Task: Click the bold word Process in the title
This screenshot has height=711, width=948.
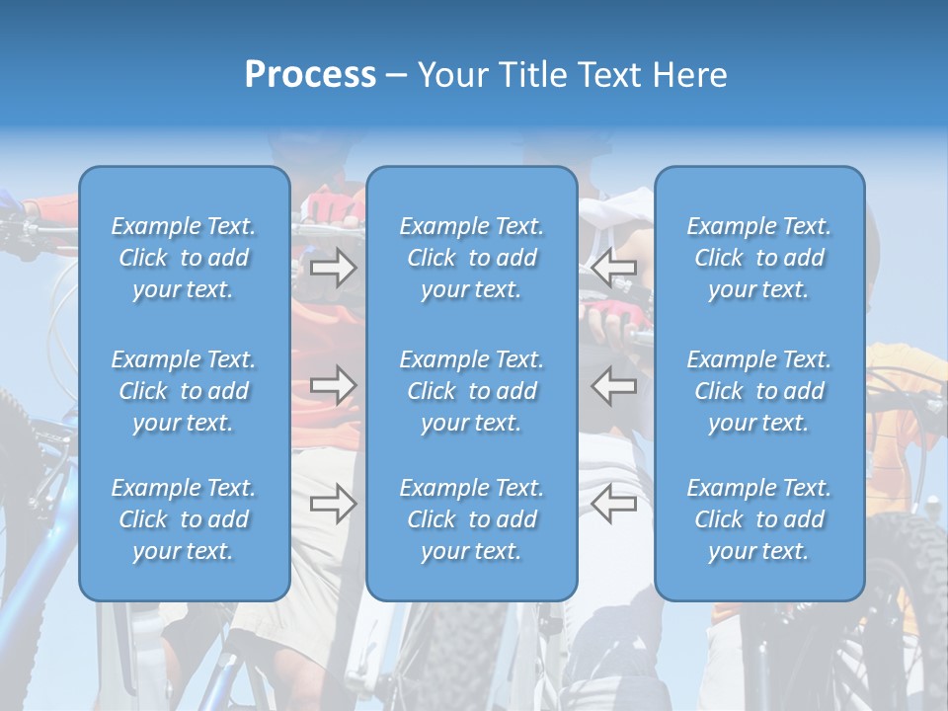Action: tap(310, 75)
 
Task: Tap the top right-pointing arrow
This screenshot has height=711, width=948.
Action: tap(333, 267)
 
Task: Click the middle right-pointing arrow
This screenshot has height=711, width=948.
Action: tap(333, 385)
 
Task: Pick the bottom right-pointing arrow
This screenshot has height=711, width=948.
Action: tap(333, 504)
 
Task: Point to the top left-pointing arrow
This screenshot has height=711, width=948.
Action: tap(614, 267)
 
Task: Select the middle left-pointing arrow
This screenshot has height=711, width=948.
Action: tap(614, 385)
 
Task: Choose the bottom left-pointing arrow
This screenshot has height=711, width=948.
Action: tap(614, 504)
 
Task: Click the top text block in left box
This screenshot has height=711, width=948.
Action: tap(184, 258)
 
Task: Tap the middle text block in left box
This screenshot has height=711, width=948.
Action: tap(184, 391)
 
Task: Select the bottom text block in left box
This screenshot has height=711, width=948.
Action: tap(184, 519)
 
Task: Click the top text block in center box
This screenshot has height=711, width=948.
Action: tap(472, 258)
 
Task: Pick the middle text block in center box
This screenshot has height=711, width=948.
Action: tap(472, 391)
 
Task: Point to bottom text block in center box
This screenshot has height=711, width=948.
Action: tap(472, 519)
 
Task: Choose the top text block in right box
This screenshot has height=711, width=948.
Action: tap(759, 258)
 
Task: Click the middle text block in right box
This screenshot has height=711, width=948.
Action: tap(759, 391)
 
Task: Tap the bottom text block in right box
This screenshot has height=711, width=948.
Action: tap(759, 519)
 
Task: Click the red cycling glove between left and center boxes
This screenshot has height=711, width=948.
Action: tap(332, 207)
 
